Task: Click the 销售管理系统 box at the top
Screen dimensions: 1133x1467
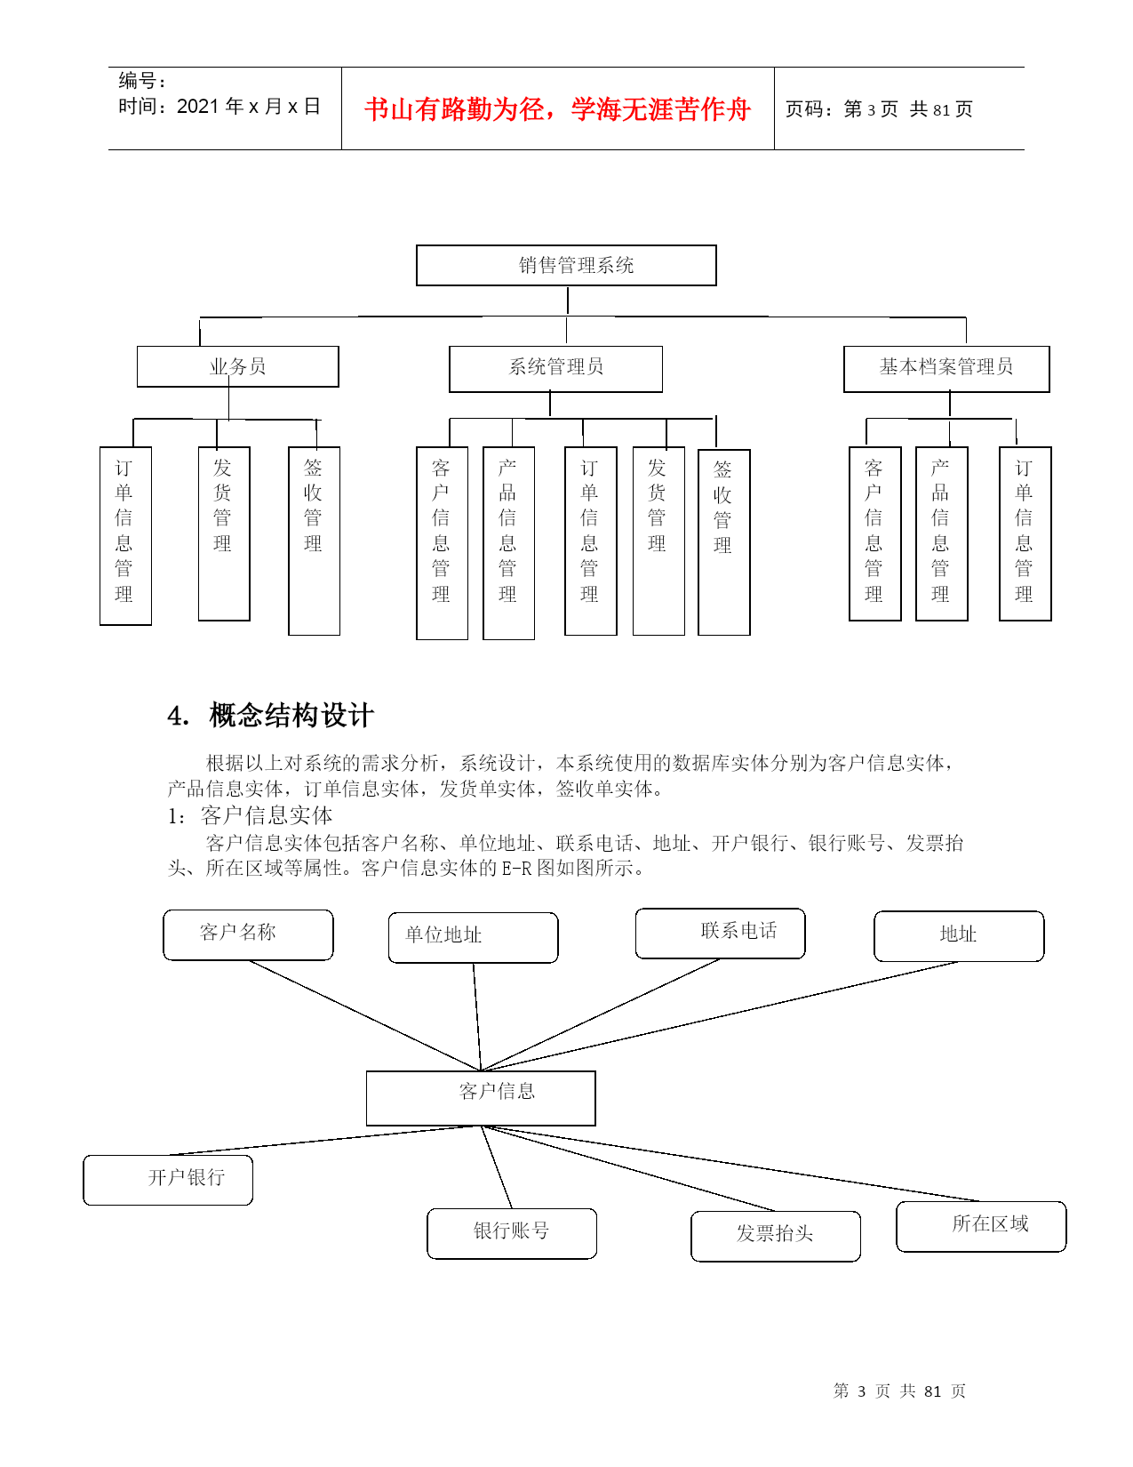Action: click(x=566, y=265)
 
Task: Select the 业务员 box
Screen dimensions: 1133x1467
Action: click(x=237, y=366)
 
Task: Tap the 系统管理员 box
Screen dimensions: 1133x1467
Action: click(x=555, y=369)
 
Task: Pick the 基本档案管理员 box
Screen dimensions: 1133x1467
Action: click(x=946, y=369)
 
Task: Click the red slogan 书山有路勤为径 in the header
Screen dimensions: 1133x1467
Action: click(x=557, y=108)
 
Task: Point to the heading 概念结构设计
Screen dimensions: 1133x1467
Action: click(x=291, y=715)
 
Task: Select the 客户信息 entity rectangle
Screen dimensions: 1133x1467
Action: click(x=481, y=1098)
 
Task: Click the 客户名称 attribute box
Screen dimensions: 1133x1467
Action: click(x=248, y=934)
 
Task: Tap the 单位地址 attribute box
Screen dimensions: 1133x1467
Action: click(x=473, y=937)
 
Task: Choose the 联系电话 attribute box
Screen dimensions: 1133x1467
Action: click(x=720, y=933)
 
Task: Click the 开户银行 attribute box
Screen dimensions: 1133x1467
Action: click(x=168, y=1180)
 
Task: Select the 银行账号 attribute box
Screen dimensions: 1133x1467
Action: click(x=512, y=1233)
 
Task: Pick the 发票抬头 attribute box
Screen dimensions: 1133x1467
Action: click(x=776, y=1236)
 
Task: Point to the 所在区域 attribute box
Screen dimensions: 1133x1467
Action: click(x=981, y=1226)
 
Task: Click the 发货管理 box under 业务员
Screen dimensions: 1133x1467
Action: click(x=224, y=533)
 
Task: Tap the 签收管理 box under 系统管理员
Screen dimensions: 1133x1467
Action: click(x=724, y=542)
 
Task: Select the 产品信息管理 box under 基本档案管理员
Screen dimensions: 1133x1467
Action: click(x=941, y=533)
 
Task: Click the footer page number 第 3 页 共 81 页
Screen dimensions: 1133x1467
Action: click(x=898, y=1390)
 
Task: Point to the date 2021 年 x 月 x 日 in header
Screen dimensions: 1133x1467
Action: click(x=248, y=106)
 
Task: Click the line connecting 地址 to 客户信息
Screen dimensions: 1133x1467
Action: click(x=719, y=1015)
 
